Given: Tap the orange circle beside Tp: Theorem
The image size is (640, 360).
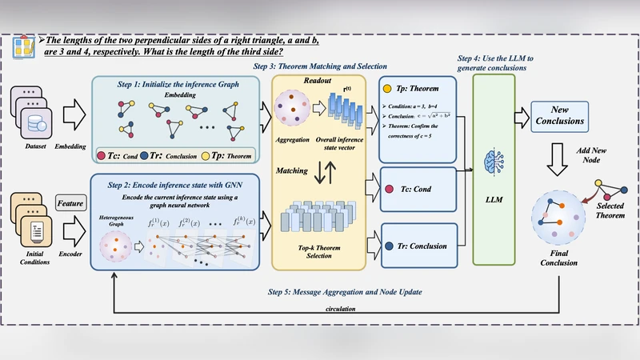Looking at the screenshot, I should [x=388, y=90].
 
